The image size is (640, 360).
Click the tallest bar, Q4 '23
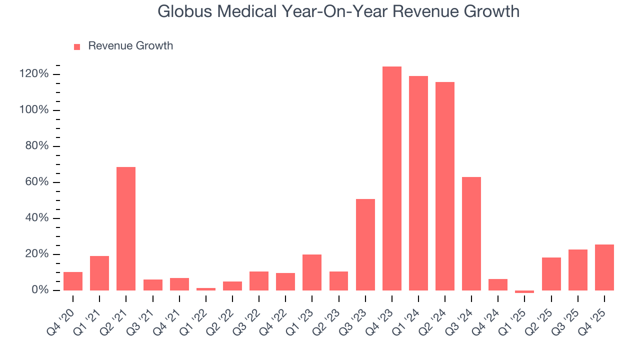391,178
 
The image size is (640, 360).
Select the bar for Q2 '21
126,228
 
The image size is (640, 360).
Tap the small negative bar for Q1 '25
524,291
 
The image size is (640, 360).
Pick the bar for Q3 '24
471,233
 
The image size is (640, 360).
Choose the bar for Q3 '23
365,244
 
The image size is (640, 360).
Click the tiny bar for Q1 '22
205,289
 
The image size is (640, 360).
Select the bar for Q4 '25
604,267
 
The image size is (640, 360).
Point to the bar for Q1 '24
418,183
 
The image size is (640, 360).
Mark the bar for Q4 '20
73,281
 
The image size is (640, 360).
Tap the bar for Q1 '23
312,272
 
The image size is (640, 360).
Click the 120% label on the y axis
34,74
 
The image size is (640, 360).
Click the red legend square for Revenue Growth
77,47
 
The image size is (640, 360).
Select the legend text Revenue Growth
130,46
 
